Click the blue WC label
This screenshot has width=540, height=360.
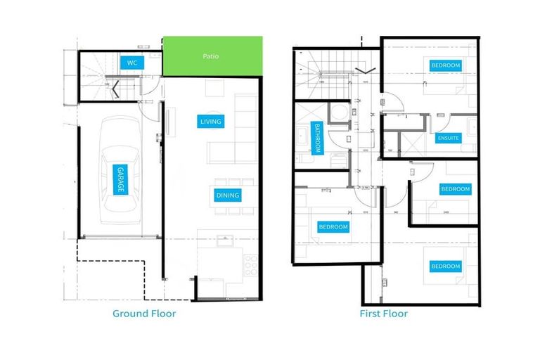(131, 63)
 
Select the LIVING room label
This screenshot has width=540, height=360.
(211, 122)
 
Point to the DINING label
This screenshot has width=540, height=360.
(227, 195)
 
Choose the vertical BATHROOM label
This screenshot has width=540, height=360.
(318, 139)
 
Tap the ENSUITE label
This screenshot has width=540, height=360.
(448, 139)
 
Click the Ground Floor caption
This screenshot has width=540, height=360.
(144, 314)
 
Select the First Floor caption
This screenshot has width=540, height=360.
(383, 314)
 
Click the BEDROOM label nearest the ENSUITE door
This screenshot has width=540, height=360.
(446, 65)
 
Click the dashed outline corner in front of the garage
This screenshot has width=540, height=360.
(77, 262)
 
